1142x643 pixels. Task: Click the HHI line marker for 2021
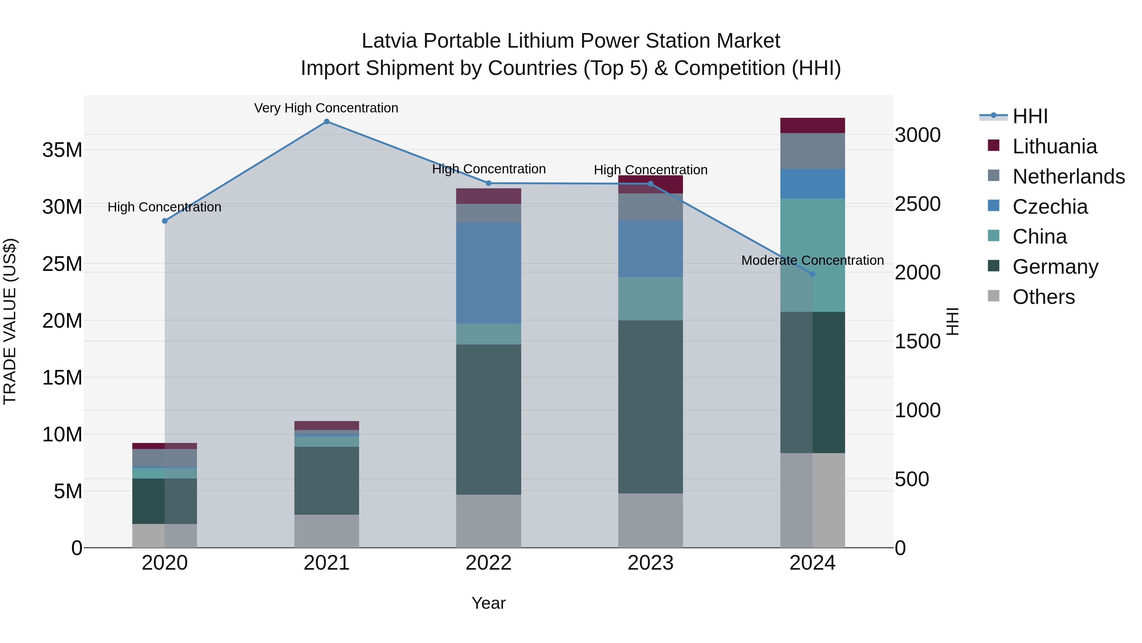coord(326,122)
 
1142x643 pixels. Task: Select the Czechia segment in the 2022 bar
coord(489,273)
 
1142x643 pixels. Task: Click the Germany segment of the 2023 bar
coord(650,406)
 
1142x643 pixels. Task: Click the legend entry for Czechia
coord(1050,207)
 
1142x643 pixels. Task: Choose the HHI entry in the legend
coord(1030,116)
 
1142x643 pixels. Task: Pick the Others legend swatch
coord(994,296)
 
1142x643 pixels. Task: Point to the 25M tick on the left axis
coord(62,264)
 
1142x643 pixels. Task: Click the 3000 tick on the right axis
coord(917,135)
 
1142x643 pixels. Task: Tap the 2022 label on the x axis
coord(489,563)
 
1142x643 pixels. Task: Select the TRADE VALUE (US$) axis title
coord(10,321)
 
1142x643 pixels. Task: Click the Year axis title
coord(489,603)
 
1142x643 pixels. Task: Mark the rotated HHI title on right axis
coord(952,321)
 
